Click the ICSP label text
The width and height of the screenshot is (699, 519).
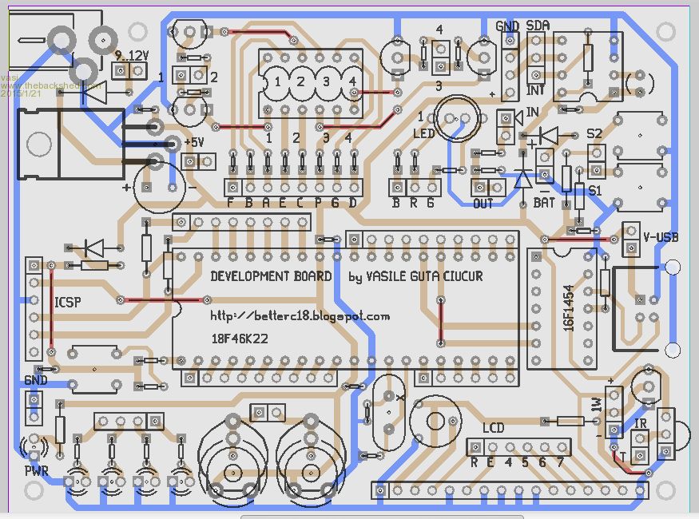tap(66, 303)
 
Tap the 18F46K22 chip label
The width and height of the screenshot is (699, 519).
tap(239, 339)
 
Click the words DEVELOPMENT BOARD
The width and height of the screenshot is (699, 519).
tap(271, 276)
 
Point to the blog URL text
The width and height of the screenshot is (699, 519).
tap(300, 316)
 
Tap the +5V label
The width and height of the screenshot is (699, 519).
tap(194, 142)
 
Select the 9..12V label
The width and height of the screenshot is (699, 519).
tap(132, 56)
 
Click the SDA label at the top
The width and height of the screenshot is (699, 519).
tap(538, 26)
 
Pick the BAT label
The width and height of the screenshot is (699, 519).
tap(544, 203)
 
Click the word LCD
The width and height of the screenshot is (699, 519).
tap(493, 428)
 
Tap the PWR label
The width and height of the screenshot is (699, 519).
tap(36, 471)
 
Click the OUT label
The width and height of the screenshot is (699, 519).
tap(483, 204)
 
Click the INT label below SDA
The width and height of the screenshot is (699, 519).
tap(534, 91)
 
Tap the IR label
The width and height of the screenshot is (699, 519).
tap(640, 423)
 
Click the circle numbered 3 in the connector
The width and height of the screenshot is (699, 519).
tap(326, 81)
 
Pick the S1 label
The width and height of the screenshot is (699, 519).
tap(594, 191)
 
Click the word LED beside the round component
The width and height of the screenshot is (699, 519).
tap(423, 133)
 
